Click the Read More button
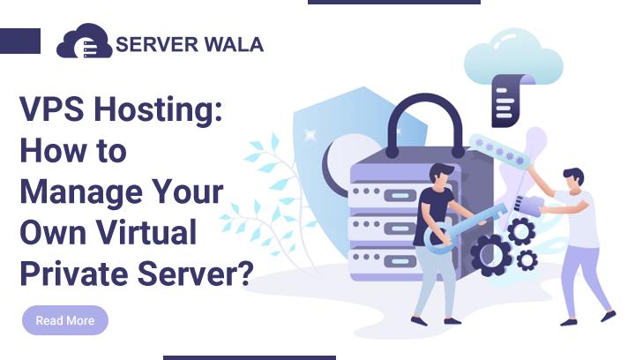point(65,320)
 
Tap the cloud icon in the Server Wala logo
point(84,41)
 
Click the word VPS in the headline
point(49,113)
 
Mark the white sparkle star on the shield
point(310,134)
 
